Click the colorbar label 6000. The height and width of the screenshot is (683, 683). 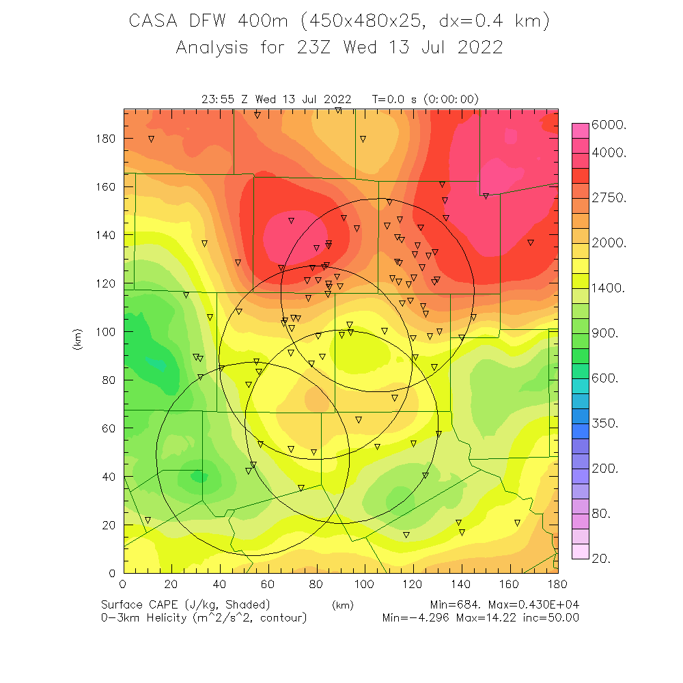[x=613, y=126]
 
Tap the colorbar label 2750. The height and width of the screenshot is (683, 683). [x=613, y=198]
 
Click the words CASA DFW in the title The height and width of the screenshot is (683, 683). [x=179, y=22]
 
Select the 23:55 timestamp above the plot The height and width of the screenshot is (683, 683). [x=219, y=99]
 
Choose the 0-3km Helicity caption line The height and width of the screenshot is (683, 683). [x=204, y=618]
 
